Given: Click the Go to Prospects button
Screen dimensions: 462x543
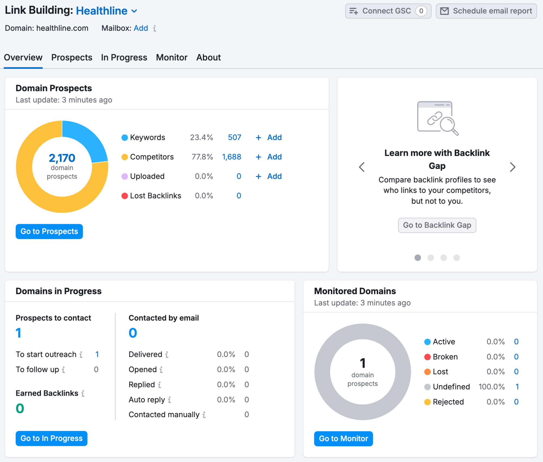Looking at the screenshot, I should tap(49, 231).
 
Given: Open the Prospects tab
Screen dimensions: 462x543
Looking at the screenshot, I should tap(72, 58).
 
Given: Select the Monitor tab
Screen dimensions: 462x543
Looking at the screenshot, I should tap(172, 58).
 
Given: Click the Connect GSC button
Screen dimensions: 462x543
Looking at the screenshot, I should tap(388, 11).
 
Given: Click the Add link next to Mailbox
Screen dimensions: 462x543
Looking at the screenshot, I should tap(141, 28).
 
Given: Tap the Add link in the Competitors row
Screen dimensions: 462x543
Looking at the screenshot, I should tap(274, 157).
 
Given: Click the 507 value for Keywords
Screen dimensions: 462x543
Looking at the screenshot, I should tap(234, 137).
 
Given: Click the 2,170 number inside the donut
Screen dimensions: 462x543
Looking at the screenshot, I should tap(62, 158).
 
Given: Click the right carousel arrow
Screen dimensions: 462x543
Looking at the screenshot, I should tap(512, 167).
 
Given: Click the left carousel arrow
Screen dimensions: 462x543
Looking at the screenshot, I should tap(362, 167).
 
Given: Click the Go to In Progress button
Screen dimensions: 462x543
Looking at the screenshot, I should tap(51, 438).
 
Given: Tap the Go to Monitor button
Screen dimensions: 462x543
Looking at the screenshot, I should tap(343, 439).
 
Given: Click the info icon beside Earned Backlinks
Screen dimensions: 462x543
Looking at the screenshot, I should tap(83, 393).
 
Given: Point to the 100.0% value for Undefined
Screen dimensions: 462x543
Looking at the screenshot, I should tap(491, 387).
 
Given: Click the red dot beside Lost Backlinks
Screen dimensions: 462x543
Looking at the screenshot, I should tap(124, 196).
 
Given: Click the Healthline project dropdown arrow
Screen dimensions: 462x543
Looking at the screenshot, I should tap(134, 11).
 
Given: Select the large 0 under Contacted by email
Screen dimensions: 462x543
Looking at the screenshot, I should tap(133, 333).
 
